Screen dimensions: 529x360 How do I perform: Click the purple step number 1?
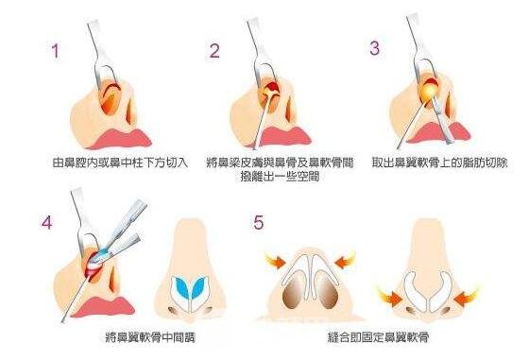click(56, 51)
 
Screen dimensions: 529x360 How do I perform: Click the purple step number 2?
click(214, 51)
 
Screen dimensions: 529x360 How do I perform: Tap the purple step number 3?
click(374, 48)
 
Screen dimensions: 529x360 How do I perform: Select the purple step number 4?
click(47, 223)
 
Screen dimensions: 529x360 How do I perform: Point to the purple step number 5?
click(259, 222)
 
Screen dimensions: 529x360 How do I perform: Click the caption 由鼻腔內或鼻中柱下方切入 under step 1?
click(121, 163)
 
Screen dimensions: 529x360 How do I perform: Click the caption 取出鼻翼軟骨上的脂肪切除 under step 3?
click(440, 163)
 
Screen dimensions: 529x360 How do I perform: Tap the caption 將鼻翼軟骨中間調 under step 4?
click(150, 337)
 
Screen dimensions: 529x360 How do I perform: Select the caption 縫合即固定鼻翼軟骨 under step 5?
click(379, 336)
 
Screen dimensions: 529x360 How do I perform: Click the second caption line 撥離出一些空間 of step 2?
click(280, 176)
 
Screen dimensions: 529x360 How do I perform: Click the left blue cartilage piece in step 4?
click(182, 288)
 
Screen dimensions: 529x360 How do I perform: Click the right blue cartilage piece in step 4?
click(198, 287)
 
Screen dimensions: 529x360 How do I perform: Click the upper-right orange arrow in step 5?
click(345, 261)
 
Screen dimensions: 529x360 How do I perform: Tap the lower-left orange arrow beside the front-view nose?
click(389, 298)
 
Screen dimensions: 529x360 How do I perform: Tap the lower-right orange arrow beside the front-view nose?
click(467, 298)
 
